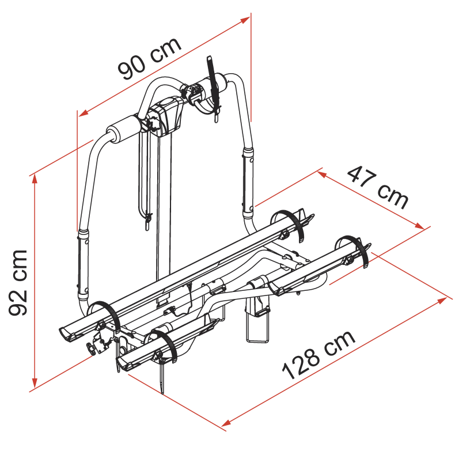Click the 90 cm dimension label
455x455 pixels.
(150, 58)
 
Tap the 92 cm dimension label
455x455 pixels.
(18, 282)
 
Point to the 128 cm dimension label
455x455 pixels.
(318, 354)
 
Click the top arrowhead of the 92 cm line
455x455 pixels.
(35, 179)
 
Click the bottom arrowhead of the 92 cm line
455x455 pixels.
(35, 383)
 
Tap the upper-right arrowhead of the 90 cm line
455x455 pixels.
(245, 20)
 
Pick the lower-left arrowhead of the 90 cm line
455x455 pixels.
(84, 113)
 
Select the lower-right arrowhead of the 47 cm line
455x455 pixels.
(420, 226)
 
